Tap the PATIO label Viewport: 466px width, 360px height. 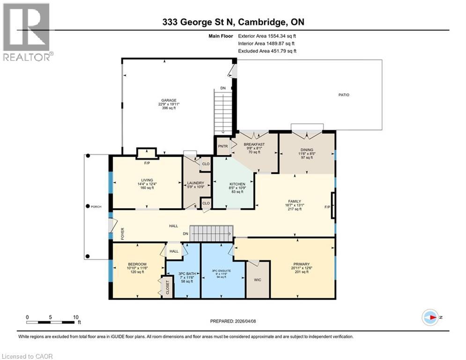(x=344, y=95)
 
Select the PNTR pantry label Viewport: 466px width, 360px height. (x=222, y=146)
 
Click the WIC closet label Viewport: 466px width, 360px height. (x=258, y=280)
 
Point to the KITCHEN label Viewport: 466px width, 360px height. (x=234, y=184)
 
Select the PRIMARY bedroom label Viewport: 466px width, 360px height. (x=299, y=264)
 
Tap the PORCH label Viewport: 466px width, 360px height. (x=96, y=206)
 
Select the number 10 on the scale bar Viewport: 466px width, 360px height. (x=75, y=317)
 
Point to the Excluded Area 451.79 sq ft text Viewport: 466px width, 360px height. (x=267, y=51)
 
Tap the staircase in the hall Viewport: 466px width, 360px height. (x=214, y=231)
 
